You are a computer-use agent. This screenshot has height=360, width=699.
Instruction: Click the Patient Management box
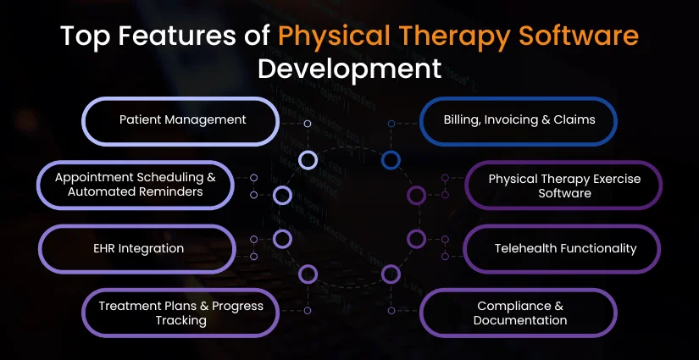pyautogui.click(x=180, y=121)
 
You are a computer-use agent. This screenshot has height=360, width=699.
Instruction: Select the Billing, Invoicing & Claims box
pyautogui.click(x=519, y=121)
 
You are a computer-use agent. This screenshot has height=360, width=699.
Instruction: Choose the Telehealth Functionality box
pyautogui.click(x=563, y=249)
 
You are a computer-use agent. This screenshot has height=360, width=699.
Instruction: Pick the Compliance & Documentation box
pyautogui.click(x=519, y=313)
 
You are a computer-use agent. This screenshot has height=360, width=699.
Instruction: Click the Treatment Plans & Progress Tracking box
pyautogui.click(x=180, y=313)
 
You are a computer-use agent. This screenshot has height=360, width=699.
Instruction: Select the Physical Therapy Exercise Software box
pyautogui.click(x=563, y=186)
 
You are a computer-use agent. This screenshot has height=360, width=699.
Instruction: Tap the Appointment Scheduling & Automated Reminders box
pyautogui.click(x=136, y=186)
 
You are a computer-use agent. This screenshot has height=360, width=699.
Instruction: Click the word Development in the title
pyautogui.click(x=349, y=68)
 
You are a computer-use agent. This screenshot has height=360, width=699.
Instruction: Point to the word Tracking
pyautogui.click(x=180, y=320)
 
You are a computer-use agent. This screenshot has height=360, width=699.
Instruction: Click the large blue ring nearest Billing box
pyautogui.click(x=391, y=159)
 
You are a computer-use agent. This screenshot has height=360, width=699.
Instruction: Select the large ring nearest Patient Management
pyautogui.click(x=308, y=159)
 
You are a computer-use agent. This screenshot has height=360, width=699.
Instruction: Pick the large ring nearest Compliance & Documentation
pyautogui.click(x=391, y=274)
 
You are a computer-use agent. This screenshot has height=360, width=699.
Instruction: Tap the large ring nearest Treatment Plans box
pyautogui.click(x=308, y=274)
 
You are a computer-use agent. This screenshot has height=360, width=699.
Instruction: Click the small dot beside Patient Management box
pyautogui.click(x=307, y=124)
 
